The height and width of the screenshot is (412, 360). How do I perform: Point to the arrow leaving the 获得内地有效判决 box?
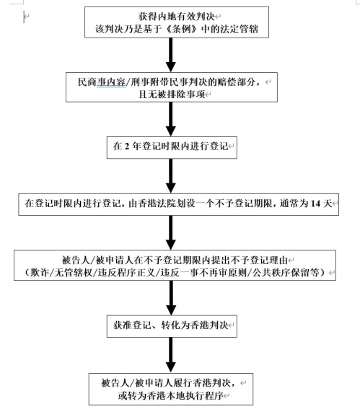point(171,55)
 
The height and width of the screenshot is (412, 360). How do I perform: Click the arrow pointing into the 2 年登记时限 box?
point(171,119)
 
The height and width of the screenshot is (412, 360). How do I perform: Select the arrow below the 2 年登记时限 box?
point(171,176)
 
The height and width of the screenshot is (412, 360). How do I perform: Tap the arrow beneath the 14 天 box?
point(171,233)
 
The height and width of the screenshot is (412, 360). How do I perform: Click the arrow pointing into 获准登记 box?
point(171,298)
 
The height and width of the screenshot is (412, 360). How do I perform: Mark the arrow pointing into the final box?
point(171,355)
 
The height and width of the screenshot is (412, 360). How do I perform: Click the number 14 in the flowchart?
point(315,203)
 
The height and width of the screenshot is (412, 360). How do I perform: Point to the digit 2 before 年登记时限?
point(127,146)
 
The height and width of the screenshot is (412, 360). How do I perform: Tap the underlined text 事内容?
point(111,82)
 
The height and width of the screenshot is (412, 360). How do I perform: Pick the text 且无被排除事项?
point(172,94)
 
